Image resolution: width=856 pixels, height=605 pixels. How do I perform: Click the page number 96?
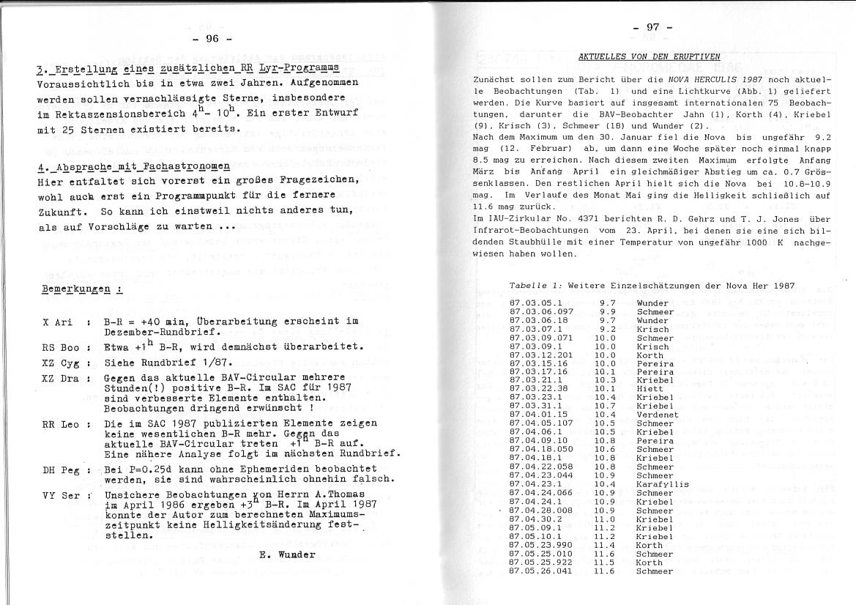point(212,38)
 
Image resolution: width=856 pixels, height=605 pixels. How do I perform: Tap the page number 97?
point(652,27)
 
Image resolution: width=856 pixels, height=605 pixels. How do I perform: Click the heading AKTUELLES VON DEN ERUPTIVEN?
point(649,56)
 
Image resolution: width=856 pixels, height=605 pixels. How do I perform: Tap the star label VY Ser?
point(59,496)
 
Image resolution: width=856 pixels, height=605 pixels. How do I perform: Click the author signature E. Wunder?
point(287,554)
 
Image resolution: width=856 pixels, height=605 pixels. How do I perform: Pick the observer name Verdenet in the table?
point(657,415)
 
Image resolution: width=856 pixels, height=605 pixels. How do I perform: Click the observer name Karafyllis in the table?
point(662,484)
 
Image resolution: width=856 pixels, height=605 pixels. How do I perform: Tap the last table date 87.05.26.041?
point(540,571)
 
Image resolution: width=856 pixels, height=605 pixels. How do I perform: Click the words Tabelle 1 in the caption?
point(535,285)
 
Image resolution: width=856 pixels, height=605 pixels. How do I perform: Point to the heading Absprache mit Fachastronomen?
point(133,166)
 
